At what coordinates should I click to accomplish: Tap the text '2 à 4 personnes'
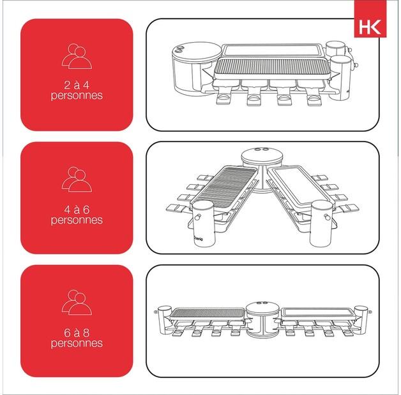[77, 90]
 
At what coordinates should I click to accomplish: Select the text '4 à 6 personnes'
[77, 215]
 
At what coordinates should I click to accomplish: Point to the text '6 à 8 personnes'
[77, 338]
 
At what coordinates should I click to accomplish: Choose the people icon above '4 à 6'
[76, 180]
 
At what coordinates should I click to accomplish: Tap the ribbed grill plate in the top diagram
[273, 67]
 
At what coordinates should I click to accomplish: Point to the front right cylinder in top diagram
[342, 75]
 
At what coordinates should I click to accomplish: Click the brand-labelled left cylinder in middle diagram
[203, 223]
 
